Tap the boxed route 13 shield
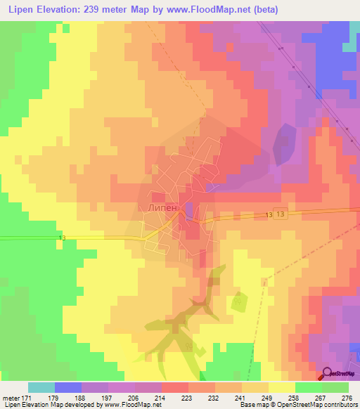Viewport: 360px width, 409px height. [281, 215]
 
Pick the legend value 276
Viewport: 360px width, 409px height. [346, 397]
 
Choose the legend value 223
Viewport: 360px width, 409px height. [186, 397]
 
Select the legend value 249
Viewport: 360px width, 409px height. [266, 397]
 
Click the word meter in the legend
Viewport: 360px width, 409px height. [9, 397]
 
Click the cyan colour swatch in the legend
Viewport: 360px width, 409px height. [41, 387]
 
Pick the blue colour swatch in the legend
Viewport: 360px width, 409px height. [68, 387]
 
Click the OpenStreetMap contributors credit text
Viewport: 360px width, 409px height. [323, 405]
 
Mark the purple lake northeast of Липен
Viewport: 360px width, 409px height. [284, 144]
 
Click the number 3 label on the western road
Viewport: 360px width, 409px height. [63, 239]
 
